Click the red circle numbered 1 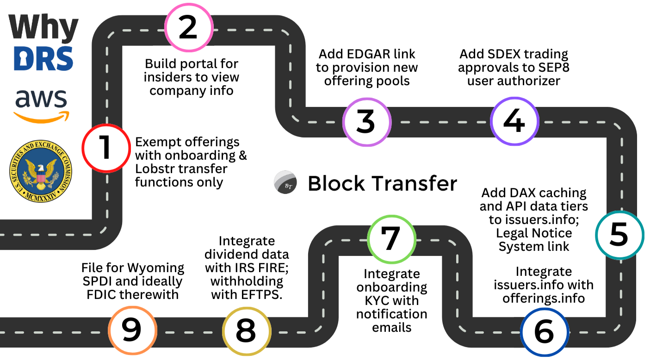click(x=105, y=148)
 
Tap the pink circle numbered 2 click(x=188, y=27)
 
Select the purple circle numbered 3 click(x=366, y=122)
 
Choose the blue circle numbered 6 click(x=543, y=332)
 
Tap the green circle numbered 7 click(x=390, y=237)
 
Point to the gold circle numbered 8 click(x=245, y=331)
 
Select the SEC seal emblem click(x=41, y=171)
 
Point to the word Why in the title click(x=43, y=27)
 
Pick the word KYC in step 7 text click(x=373, y=301)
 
